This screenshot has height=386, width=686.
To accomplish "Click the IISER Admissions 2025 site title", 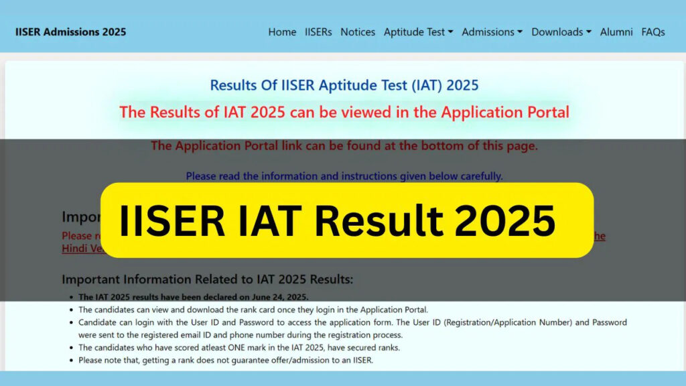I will [70, 31].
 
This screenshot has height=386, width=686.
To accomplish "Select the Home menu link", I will [282, 31].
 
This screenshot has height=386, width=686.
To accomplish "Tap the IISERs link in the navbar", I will [318, 31].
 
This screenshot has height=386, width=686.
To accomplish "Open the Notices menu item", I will [358, 31].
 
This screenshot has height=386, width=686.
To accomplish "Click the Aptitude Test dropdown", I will [418, 31].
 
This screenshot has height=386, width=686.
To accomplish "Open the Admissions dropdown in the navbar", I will [492, 31].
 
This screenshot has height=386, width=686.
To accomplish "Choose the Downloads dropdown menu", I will [561, 31].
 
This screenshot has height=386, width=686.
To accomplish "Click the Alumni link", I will [616, 31].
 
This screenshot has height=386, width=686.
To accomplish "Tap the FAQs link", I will [653, 31].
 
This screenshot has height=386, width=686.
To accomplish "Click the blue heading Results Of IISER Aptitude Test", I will [344, 85].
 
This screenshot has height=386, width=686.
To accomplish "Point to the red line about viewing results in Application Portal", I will [344, 112].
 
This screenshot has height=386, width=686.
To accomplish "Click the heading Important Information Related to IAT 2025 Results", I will [207, 279].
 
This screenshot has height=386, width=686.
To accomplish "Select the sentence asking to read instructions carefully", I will [344, 176].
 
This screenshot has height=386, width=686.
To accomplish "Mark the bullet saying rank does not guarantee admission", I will [226, 361].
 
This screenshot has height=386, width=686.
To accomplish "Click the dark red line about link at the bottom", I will [344, 145].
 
